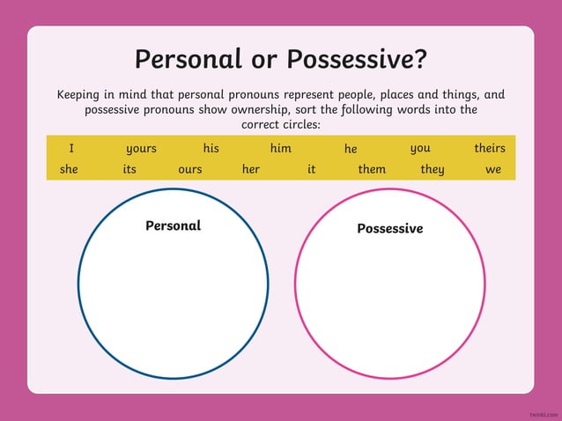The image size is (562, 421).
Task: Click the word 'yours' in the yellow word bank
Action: (x=141, y=149)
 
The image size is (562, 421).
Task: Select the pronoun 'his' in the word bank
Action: (x=211, y=148)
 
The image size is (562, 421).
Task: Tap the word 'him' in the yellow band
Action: (x=280, y=148)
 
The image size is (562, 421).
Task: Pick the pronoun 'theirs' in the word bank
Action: (x=490, y=148)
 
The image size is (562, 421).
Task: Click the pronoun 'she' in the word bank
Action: (x=69, y=169)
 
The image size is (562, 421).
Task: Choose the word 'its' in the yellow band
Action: (x=129, y=169)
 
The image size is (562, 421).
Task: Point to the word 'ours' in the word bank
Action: (x=189, y=169)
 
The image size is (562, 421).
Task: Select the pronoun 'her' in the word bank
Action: (x=250, y=169)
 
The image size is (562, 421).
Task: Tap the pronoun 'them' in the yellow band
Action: (x=372, y=169)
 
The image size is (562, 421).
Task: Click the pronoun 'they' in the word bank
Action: (x=432, y=169)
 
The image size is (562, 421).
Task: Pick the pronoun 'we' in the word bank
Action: (x=493, y=169)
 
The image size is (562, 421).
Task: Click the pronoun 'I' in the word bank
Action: (x=71, y=148)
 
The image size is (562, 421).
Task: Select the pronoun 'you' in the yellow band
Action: (x=420, y=148)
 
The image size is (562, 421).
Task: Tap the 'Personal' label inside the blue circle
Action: (x=173, y=225)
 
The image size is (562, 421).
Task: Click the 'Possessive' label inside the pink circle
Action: (x=389, y=229)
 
